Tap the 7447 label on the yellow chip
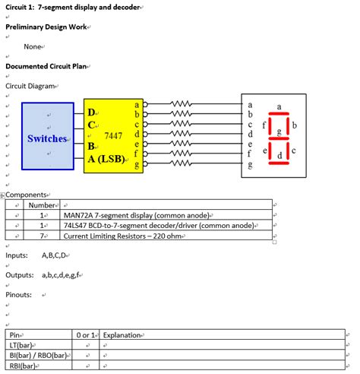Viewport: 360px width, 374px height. pyautogui.click(x=113, y=135)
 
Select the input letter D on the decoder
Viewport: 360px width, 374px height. pyautogui.click(x=92, y=113)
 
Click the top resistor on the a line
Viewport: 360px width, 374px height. pyautogui.click(x=182, y=103)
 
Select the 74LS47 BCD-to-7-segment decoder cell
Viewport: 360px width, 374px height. pyautogui.click(x=159, y=226)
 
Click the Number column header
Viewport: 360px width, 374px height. pyautogui.click(x=43, y=204)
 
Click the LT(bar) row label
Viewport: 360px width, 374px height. pyautogui.click(x=22, y=345)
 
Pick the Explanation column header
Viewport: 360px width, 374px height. pyautogui.click(x=122, y=334)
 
